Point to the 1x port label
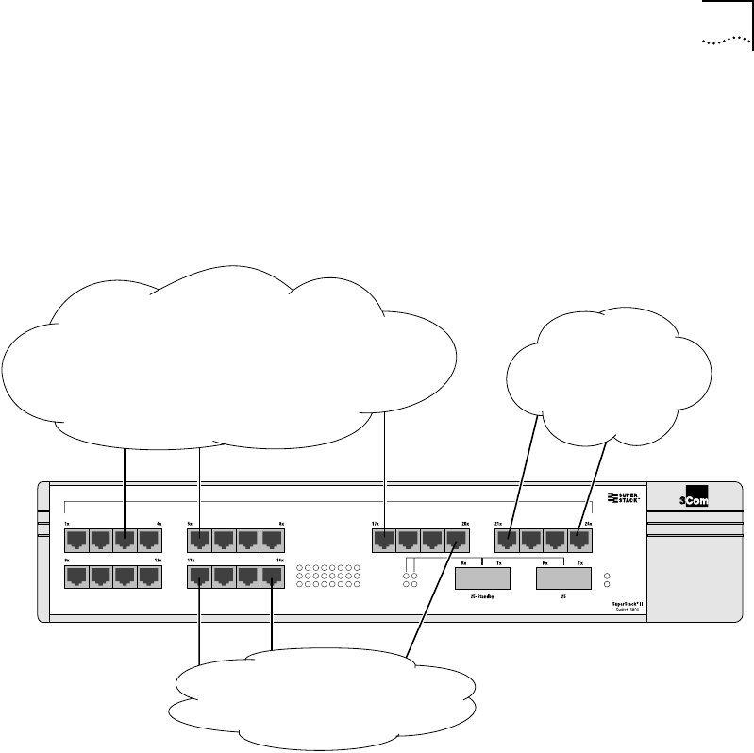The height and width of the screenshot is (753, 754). click(x=67, y=523)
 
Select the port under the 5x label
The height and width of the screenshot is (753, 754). click(x=200, y=541)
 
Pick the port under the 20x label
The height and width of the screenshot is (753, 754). click(x=457, y=541)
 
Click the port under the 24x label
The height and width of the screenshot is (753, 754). click(x=579, y=541)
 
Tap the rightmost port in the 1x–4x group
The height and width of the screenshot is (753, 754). click(x=149, y=541)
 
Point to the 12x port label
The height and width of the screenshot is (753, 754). click(x=159, y=561)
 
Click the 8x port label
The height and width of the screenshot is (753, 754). click(x=281, y=523)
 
